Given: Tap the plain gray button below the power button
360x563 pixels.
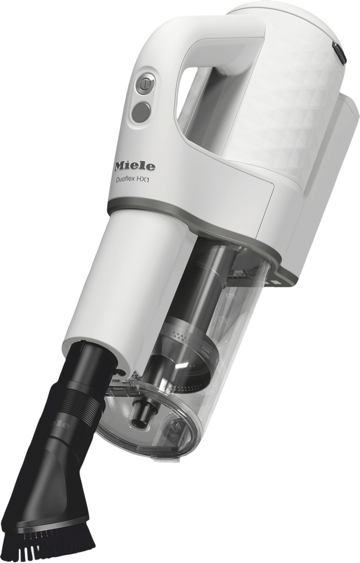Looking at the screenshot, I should [x=141, y=112].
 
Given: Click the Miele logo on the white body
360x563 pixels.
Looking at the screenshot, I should [x=134, y=166].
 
